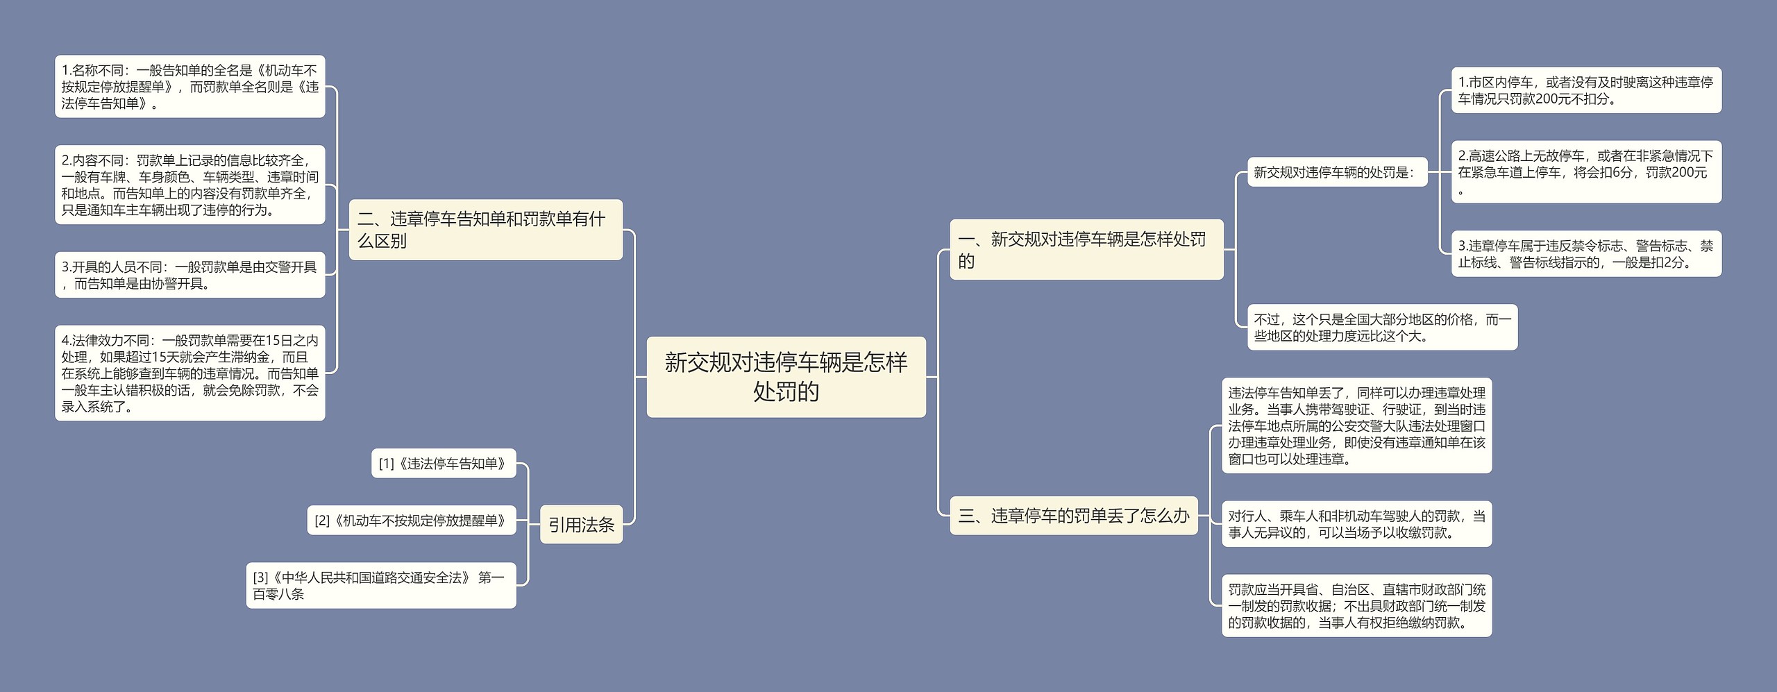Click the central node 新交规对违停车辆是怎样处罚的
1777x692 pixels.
pyautogui.click(x=786, y=377)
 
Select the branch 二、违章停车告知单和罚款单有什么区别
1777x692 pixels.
pyautogui.click(x=485, y=230)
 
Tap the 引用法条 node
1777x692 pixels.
pyautogui.click(x=581, y=525)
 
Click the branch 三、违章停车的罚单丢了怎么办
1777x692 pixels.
pyautogui.click(x=1073, y=516)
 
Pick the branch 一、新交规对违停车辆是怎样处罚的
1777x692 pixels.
pyautogui.click(x=1086, y=250)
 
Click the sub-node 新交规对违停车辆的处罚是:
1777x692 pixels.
pyautogui.click(x=1333, y=172)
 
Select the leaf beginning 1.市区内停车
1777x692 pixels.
pyautogui.click(x=1585, y=90)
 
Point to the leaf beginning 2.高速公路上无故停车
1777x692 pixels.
pyautogui.click(x=1585, y=172)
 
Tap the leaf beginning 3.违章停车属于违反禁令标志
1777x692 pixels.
pyautogui.click(x=1585, y=254)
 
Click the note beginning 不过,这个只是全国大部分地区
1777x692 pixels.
pyautogui.click(x=1382, y=328)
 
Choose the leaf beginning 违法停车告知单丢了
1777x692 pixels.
pyautogui.click(x=1356, y=426)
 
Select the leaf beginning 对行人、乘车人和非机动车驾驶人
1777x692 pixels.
pyautogui.click(x=1356, y=524)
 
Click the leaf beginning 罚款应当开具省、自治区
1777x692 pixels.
pyautogui.click(x=1356, y=606)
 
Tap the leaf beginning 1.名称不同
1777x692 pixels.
pyautogui.click(x=190, y=87)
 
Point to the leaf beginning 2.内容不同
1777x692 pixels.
pyautogui.click(x=190, y=185)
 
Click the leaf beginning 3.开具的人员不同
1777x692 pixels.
pyautogui.click(x=190, y=275)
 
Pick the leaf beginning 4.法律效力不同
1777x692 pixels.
pyautogui.click(x=190, y=373)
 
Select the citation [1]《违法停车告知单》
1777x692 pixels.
pyautogui.click(x=444, y=464)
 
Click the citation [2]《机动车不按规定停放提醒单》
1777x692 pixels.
pyautogui.click(x=412, y=521)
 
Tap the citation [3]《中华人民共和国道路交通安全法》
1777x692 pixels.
pyautogui.click(x=380, y=585)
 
